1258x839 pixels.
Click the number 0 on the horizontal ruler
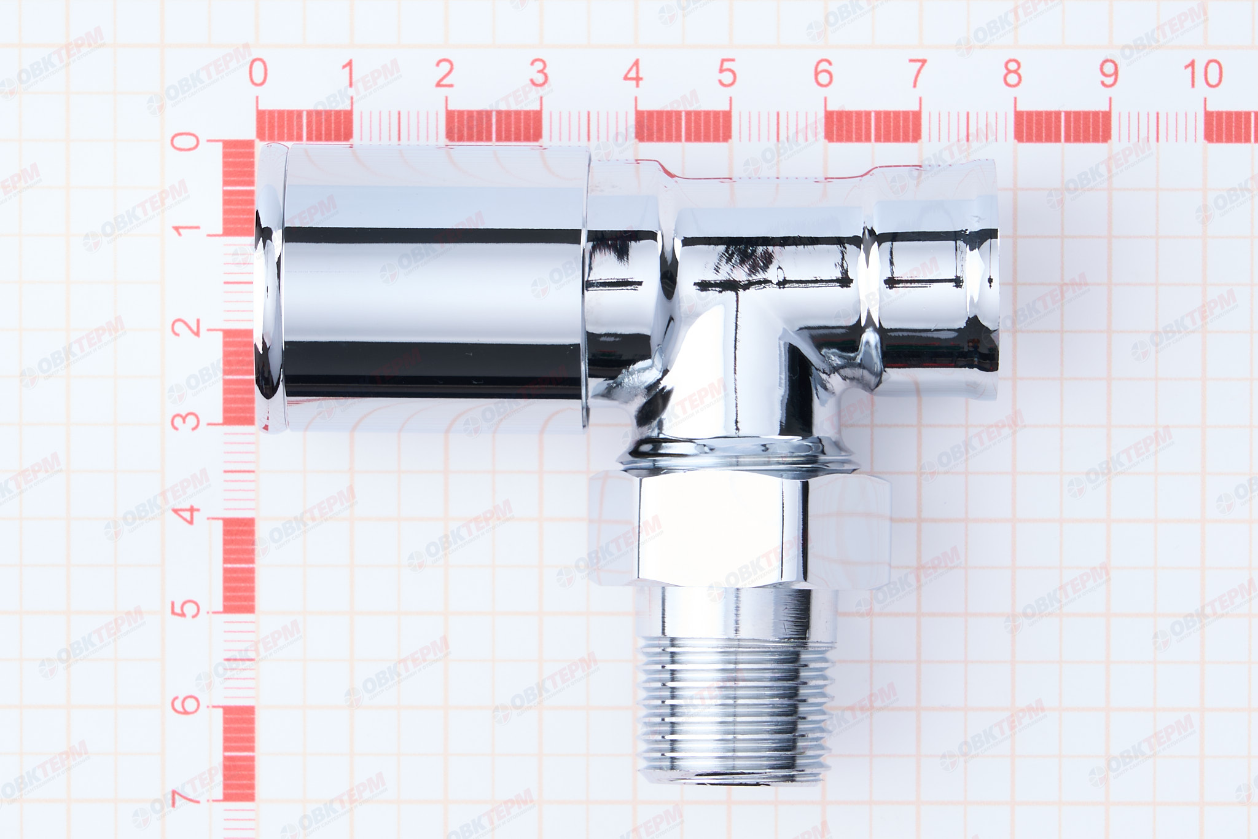pyautogui.click(x=258, y=73)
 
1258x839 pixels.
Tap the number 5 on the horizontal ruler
pyautogui.click(x=727, y=73)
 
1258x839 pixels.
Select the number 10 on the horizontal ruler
pyautogui.click(x=1203, y=73)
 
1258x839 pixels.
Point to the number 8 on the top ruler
pyautogui.click(x=1012, y=73)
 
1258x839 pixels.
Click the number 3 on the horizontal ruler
pyautogui.click(x=539, y=73)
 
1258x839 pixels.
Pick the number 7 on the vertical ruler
pyautogui.click(x=185, y=797)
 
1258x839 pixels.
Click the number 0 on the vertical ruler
pyautogui.click(x=185, y=142)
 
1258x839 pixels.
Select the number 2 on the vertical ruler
pyautogui.click(x=185, y=327)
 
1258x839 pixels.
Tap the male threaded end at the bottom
pyautogui.click(x=734, y=707)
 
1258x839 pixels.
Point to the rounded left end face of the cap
pyautogui.click(x=268, y=289)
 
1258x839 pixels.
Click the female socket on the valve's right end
pyautogui.click(x=937, y=283)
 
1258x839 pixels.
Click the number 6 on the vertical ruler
pyautogui.click(x=185, y=704)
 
